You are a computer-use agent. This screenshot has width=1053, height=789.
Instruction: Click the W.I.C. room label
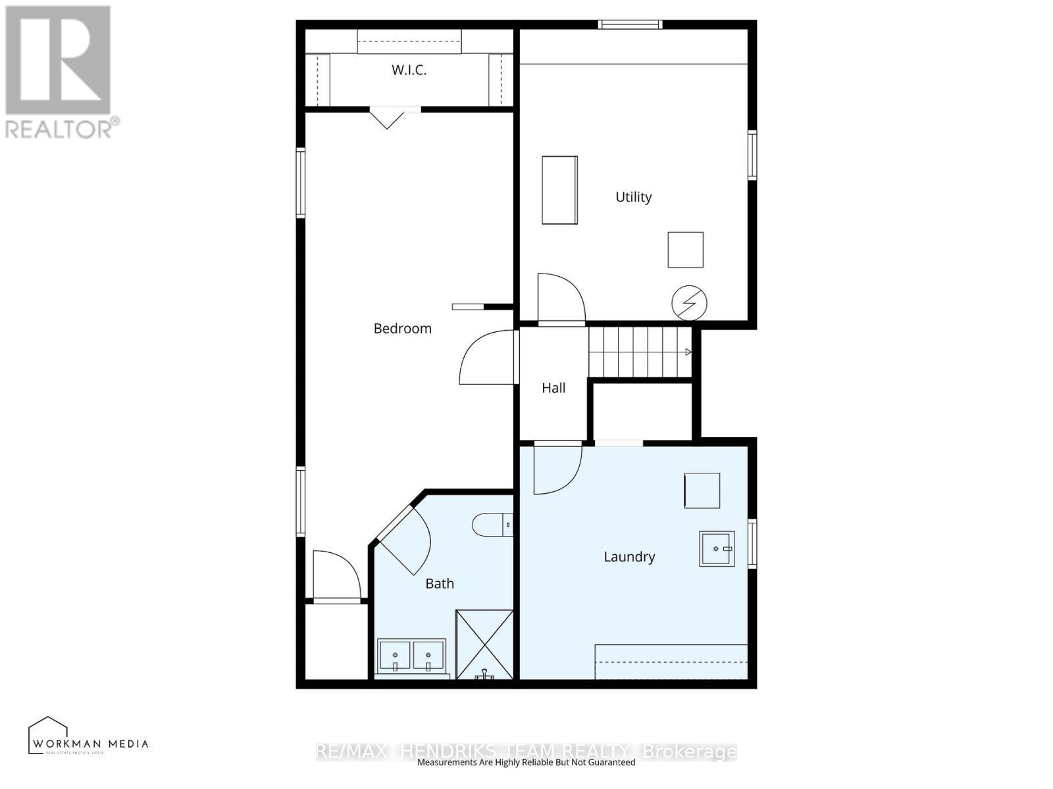pyautogui.click(x=409, y=70)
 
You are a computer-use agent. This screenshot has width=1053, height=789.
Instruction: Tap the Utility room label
pyautogui.click(x=633, y=197)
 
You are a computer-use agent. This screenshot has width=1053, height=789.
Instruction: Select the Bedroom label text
pyautogui.click(x=402, y=328)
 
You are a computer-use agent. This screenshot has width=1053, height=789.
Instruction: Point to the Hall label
pyautogui.click(x=553, y=388)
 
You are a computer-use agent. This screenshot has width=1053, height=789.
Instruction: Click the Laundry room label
pyautogui.click(x=629, y=557)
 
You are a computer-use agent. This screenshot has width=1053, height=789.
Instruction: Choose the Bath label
pyautogui.click(x=439, y=583)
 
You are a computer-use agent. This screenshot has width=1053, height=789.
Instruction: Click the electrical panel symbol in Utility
pyautogui.click(x=689, y=303)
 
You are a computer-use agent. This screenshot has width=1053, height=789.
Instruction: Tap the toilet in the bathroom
pyautogui.click(x=490, y=525)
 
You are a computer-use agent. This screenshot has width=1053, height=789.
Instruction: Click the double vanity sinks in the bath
pyautogui.click(x=411, y=656)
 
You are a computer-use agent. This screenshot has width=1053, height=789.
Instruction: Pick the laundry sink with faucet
pyautogui.click(x=716, y=548)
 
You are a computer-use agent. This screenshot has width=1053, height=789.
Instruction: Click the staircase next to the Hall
pyautogui.click(x=639, y=352)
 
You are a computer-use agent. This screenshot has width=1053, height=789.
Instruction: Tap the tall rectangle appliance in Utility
pyautogui.click(x=559, y=190)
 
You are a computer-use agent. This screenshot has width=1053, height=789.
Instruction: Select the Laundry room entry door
pyautogui.click(x=556, y=468)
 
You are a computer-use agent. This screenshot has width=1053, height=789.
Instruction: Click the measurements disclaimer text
pyautogui.click(x=526, y=763)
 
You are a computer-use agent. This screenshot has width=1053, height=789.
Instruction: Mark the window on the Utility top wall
pyautogui.click(x=630, y=25)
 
